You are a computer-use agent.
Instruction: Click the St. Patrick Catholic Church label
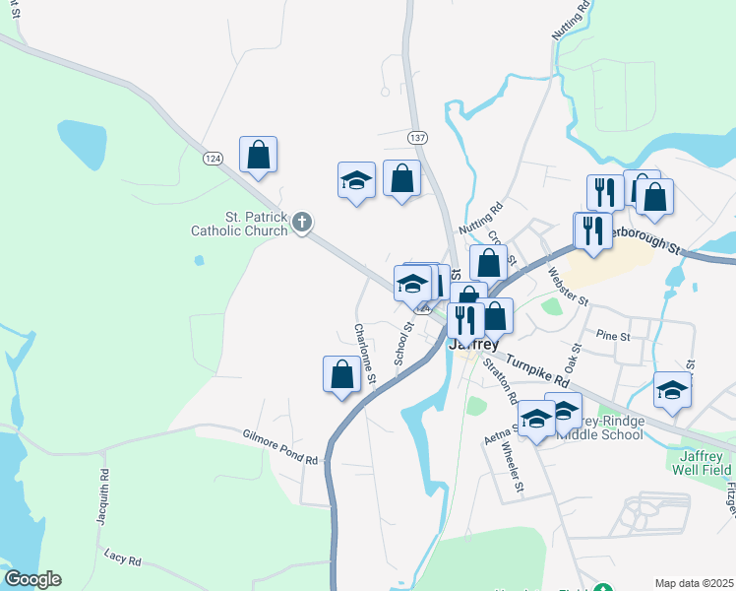(x=240, y=224)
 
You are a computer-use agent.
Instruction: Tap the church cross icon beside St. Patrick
(x=303, y=224)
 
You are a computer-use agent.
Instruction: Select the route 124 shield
(x=213, y=158)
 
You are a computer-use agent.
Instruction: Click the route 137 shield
(x=418, y=137)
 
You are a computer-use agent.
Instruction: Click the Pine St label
(x=612, y=337)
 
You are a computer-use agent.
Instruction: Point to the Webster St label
(x=568, y=286)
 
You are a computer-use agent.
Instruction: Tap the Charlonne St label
(x=365, y=354)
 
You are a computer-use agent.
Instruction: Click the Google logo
(x=32, y=579)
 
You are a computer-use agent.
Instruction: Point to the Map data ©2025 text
(x=694, y=583)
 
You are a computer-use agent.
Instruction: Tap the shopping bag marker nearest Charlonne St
(x=341, y=374)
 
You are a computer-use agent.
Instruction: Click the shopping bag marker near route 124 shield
(x=258, y=155)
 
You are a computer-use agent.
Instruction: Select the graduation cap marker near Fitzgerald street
(x=672, y=390)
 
